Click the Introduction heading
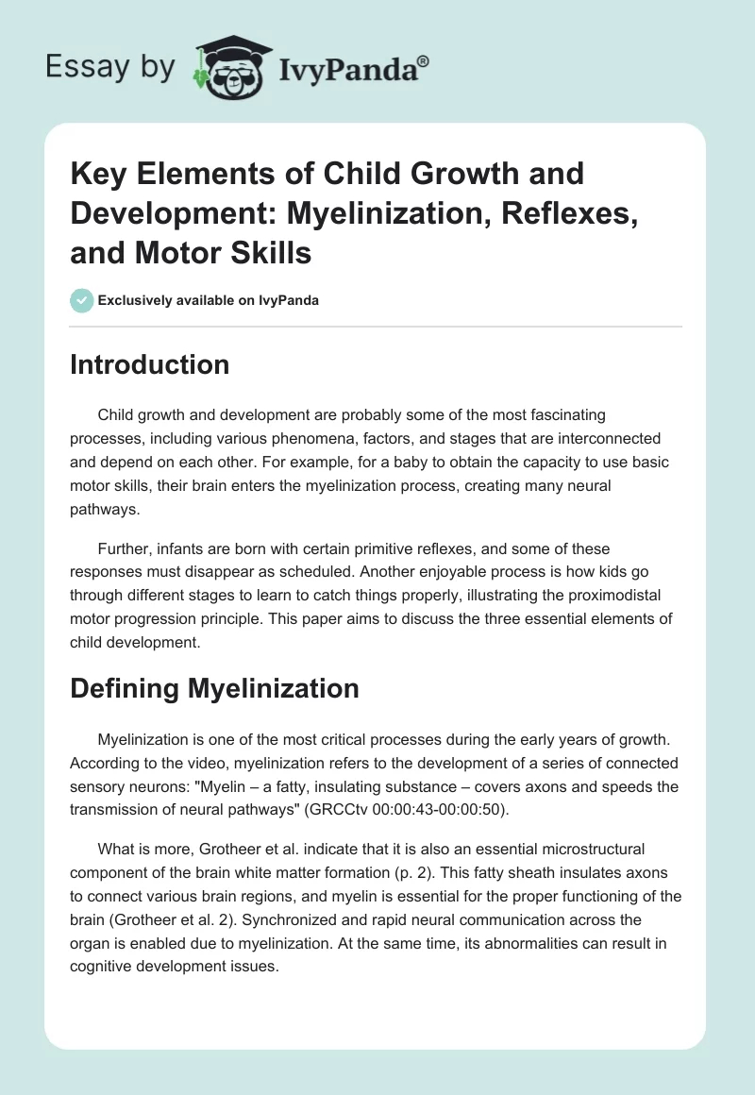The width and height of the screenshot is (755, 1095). pos(149,364)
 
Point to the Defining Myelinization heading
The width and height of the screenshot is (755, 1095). pos(214,688)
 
